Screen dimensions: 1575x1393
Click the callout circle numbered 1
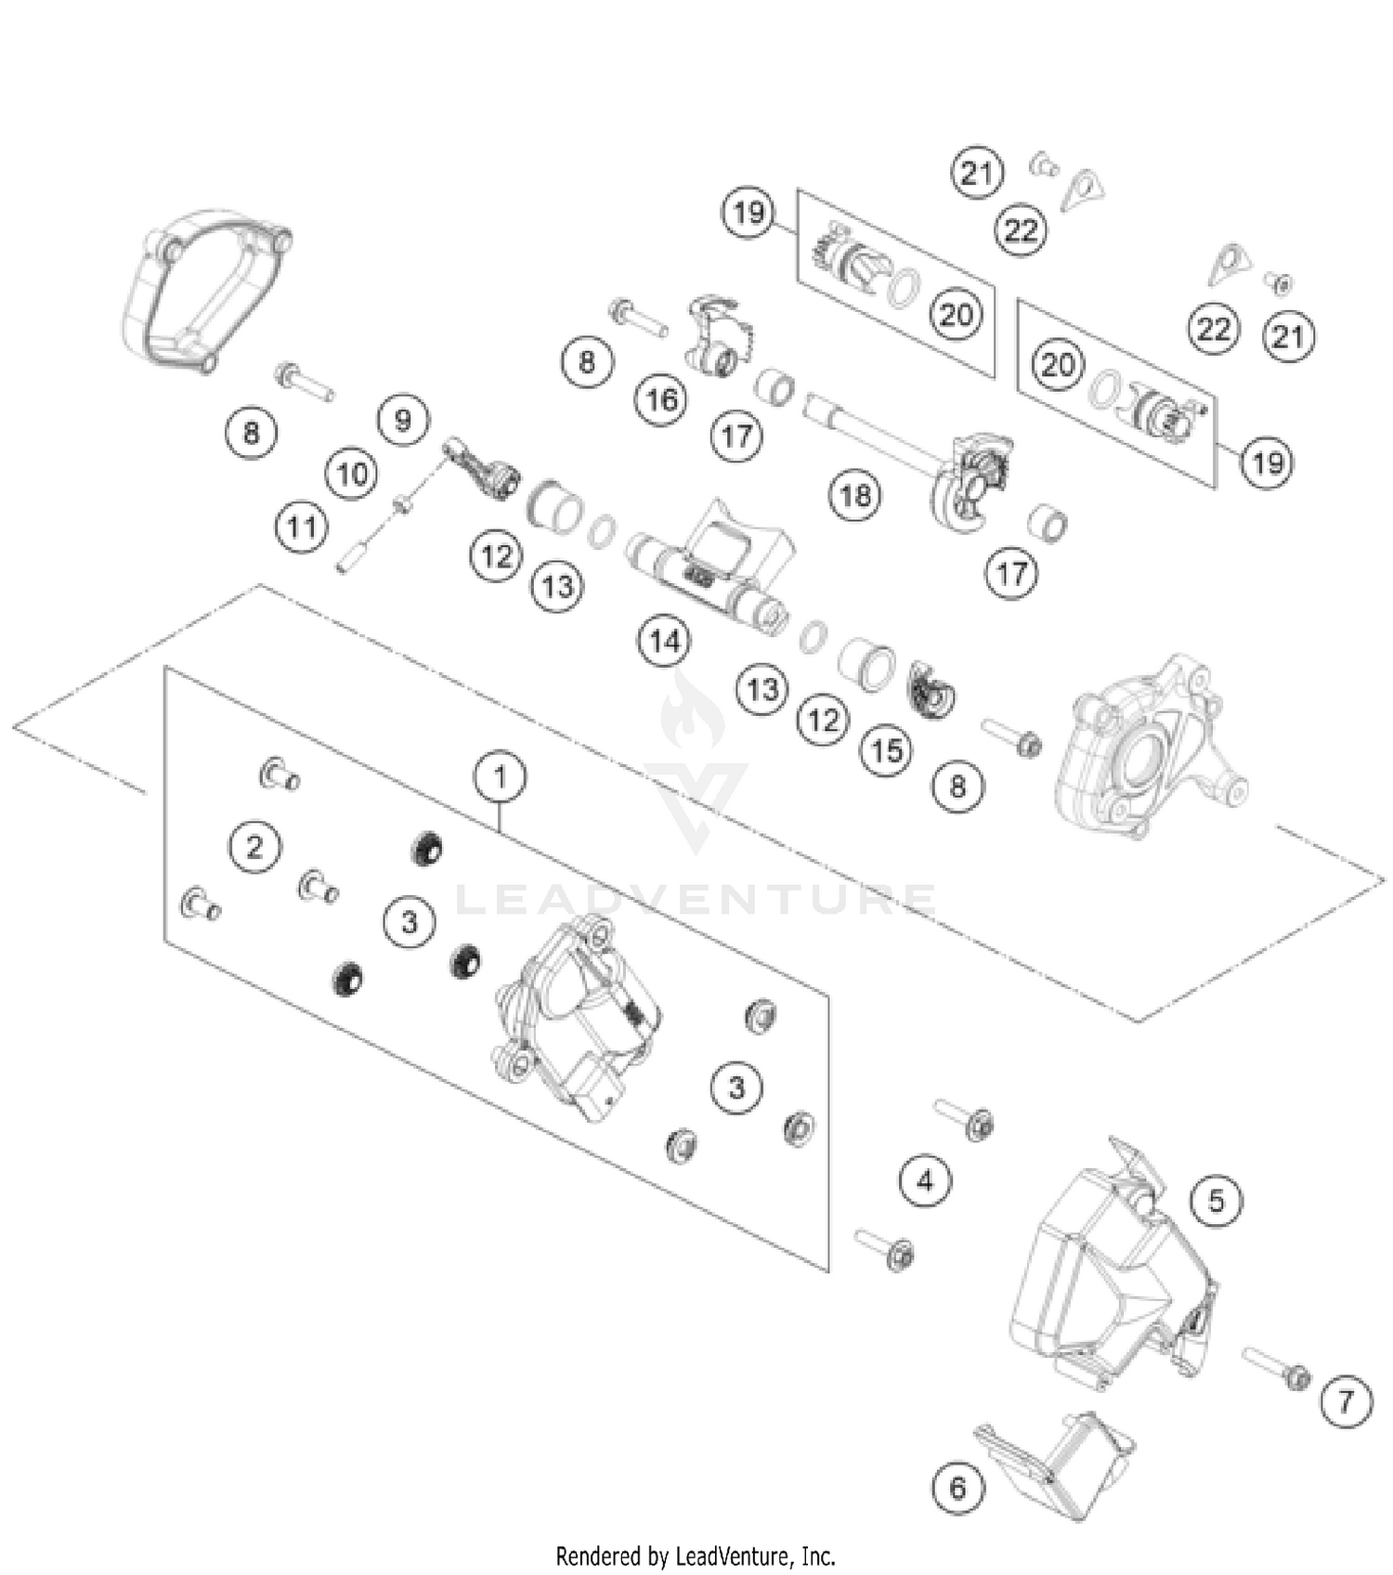pos(501,776)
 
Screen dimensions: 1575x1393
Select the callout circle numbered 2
pos(254,846)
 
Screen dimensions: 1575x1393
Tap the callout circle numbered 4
pos(925,1181)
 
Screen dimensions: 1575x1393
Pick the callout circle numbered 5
pos(1216,1202)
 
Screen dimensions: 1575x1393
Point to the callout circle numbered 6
pos(957,1489)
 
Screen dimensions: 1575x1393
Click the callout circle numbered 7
pos(1346,1401)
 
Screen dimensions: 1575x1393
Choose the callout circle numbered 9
pos(402,421)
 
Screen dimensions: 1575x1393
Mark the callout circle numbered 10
pos(352,475)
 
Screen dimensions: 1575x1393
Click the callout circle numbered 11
pos(302,528)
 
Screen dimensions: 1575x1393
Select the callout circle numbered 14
pos(664,641)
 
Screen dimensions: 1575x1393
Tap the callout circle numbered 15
pos(886,749)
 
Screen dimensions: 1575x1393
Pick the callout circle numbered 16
pos(661,400)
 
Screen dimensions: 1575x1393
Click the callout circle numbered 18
pos(854,495)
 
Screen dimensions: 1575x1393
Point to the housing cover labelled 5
pos(1105,1272)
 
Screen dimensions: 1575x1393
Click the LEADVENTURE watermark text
pos(696,899)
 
